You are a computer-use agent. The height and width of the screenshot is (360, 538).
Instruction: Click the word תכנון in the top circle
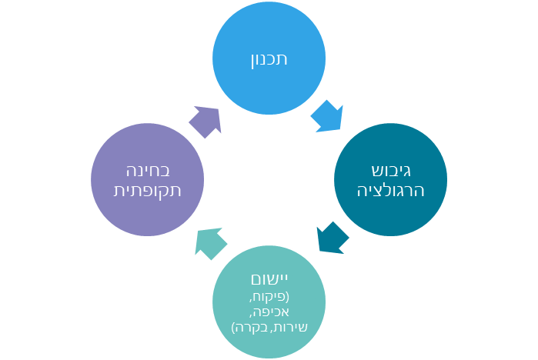point(269,59)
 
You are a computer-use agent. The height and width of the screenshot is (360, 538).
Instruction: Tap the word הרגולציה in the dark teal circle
point(390,190)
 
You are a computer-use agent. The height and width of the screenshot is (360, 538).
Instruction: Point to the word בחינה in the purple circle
point(148,170)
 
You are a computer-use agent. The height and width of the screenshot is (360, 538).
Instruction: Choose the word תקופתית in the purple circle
point(148,190)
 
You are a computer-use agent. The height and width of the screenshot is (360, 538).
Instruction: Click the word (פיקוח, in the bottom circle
point(269,296)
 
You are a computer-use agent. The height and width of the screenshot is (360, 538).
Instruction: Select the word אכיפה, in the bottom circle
point(269,312)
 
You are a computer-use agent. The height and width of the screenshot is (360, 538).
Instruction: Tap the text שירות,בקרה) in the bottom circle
point(269,328)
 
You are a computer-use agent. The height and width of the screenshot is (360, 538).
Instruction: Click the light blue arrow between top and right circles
point(327,116)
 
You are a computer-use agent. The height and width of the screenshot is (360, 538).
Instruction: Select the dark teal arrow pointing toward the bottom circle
point(332,238)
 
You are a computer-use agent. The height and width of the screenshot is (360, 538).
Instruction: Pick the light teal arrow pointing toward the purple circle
point(211,243)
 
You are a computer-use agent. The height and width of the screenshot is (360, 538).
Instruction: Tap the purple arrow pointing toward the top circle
point(206,122)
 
